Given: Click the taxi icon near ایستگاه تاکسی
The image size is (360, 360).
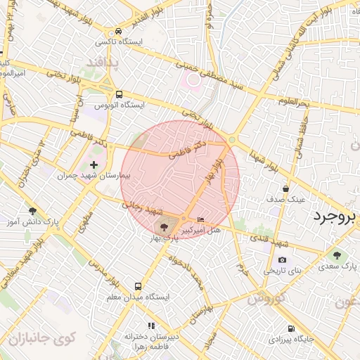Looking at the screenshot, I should [x=119, y=32].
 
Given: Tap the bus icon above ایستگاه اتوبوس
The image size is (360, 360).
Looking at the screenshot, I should [x=119, y=94].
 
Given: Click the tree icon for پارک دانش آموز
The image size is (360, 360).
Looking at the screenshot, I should [x=32, y=210].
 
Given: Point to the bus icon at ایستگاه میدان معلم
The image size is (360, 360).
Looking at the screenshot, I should [x=138, y=286].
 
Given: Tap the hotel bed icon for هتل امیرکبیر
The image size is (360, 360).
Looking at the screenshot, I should [x=202, y=220].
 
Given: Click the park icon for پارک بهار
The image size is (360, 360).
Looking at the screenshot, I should [x=165, y=227].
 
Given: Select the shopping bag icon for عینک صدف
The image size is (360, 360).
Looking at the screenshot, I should [x=285, y=188].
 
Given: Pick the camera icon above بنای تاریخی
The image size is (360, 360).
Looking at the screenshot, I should [x=282, y=259].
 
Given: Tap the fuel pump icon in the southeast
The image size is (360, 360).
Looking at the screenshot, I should [x=291, y=328].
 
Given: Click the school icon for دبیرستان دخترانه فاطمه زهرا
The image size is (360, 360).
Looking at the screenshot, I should [x=150, y=326].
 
